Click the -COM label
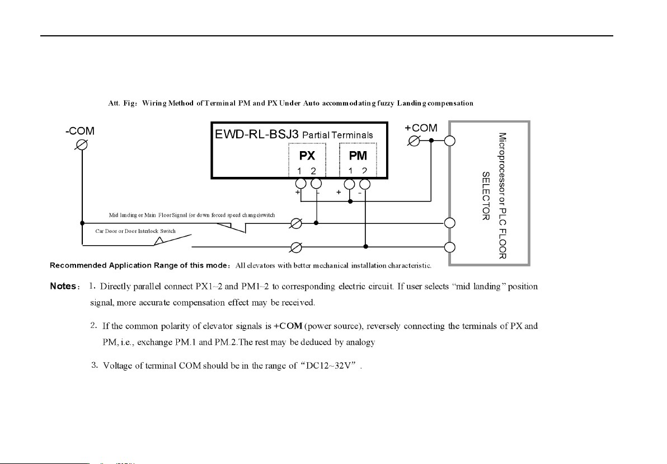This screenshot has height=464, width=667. click(x=79, y=132)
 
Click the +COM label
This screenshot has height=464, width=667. click(x=421, y=128)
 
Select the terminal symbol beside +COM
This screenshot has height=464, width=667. click(x=415, y=140)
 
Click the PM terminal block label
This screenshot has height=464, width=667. click(x=358, y=156)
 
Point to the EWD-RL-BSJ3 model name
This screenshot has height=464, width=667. click(x=257, y=134)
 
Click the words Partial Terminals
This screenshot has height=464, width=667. click(x=337, y=135)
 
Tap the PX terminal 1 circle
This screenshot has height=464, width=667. click(x=300, y=184)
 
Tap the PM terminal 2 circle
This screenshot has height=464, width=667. click(x=365, y=184)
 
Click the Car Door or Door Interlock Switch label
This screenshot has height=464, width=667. click(x=135, y=231)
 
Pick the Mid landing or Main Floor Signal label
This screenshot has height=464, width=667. click(x=191, y=215)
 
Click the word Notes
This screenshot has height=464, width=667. click(x=63, y=287)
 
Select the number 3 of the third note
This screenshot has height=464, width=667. click(x=93, y=366)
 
